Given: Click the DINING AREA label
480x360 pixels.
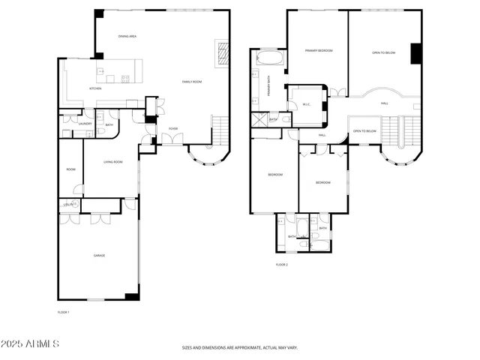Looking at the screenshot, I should pyautogui.click(x=127, y=37).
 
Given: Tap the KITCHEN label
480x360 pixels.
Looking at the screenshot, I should pyautogui.click(x=95, y=88).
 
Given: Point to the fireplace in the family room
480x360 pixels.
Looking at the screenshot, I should pyautogui.click(x=222, y=55).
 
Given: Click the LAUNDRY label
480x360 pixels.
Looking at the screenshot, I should pyautogui.click(x=85, y=124).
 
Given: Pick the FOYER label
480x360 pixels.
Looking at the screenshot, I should pyautogui.click(x=172, y=128).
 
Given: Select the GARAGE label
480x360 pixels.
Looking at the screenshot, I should pyautogui.click(x=99, y=256).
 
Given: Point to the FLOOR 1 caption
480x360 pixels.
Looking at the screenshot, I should pyautogui.click(x=63, y=311).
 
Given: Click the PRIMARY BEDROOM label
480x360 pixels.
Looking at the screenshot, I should pyautogui.click(x=318, y=50).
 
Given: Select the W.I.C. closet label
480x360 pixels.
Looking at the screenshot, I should pyautogui.click(x=306, y=104).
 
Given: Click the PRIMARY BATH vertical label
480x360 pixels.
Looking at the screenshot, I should pyautogui.click(x=269, y=88).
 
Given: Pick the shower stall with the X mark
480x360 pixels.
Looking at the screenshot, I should pyautogui.click(x=260, y=118).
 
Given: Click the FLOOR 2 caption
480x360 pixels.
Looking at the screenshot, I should pyautogui.click(x=282, y=265).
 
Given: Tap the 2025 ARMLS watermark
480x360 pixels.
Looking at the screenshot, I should pyautogui.click(x=31, y=343).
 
